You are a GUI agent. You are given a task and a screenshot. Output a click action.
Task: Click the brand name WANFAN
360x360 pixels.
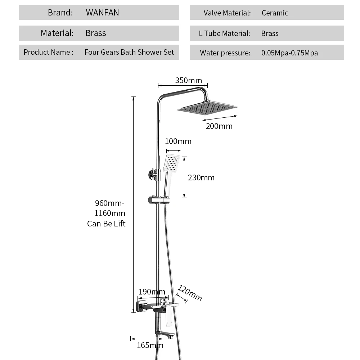click(102, 12)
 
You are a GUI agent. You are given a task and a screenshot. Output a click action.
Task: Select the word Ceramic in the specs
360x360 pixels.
click(275, 13)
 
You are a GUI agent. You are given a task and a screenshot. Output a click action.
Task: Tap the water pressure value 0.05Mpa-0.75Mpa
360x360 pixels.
click(289, 53)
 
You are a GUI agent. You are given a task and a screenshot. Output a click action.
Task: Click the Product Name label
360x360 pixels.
click(49, 52)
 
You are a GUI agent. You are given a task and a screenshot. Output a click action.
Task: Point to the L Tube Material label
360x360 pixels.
click(224, 33)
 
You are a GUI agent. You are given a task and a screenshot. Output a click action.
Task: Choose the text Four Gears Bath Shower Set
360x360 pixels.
click(129, 52)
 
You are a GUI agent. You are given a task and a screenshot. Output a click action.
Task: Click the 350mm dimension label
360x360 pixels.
click(189, 80)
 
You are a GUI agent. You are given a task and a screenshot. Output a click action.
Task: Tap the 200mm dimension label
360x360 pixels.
click(219, 126)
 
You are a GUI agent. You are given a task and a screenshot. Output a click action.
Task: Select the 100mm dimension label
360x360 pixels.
click(178, 141)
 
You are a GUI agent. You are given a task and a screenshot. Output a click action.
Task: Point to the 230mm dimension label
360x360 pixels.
click(201, 177)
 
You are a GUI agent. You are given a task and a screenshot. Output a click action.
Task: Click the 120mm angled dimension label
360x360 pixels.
click(190, 293)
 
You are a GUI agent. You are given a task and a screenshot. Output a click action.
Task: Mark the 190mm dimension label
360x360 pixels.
click(152, 292)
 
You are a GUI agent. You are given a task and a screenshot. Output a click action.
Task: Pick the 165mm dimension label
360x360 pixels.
click(150, 345)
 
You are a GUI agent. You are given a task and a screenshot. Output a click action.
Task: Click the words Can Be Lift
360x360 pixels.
click(106, 224)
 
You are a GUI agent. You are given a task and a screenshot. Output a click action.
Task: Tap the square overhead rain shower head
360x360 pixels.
click(207, 107)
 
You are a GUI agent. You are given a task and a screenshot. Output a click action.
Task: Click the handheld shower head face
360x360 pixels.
click(171, 163)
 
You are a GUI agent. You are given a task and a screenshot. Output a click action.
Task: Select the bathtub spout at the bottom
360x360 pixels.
click(165, 334)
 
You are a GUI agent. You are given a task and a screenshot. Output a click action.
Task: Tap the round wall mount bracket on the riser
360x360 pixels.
click(152, 175)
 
